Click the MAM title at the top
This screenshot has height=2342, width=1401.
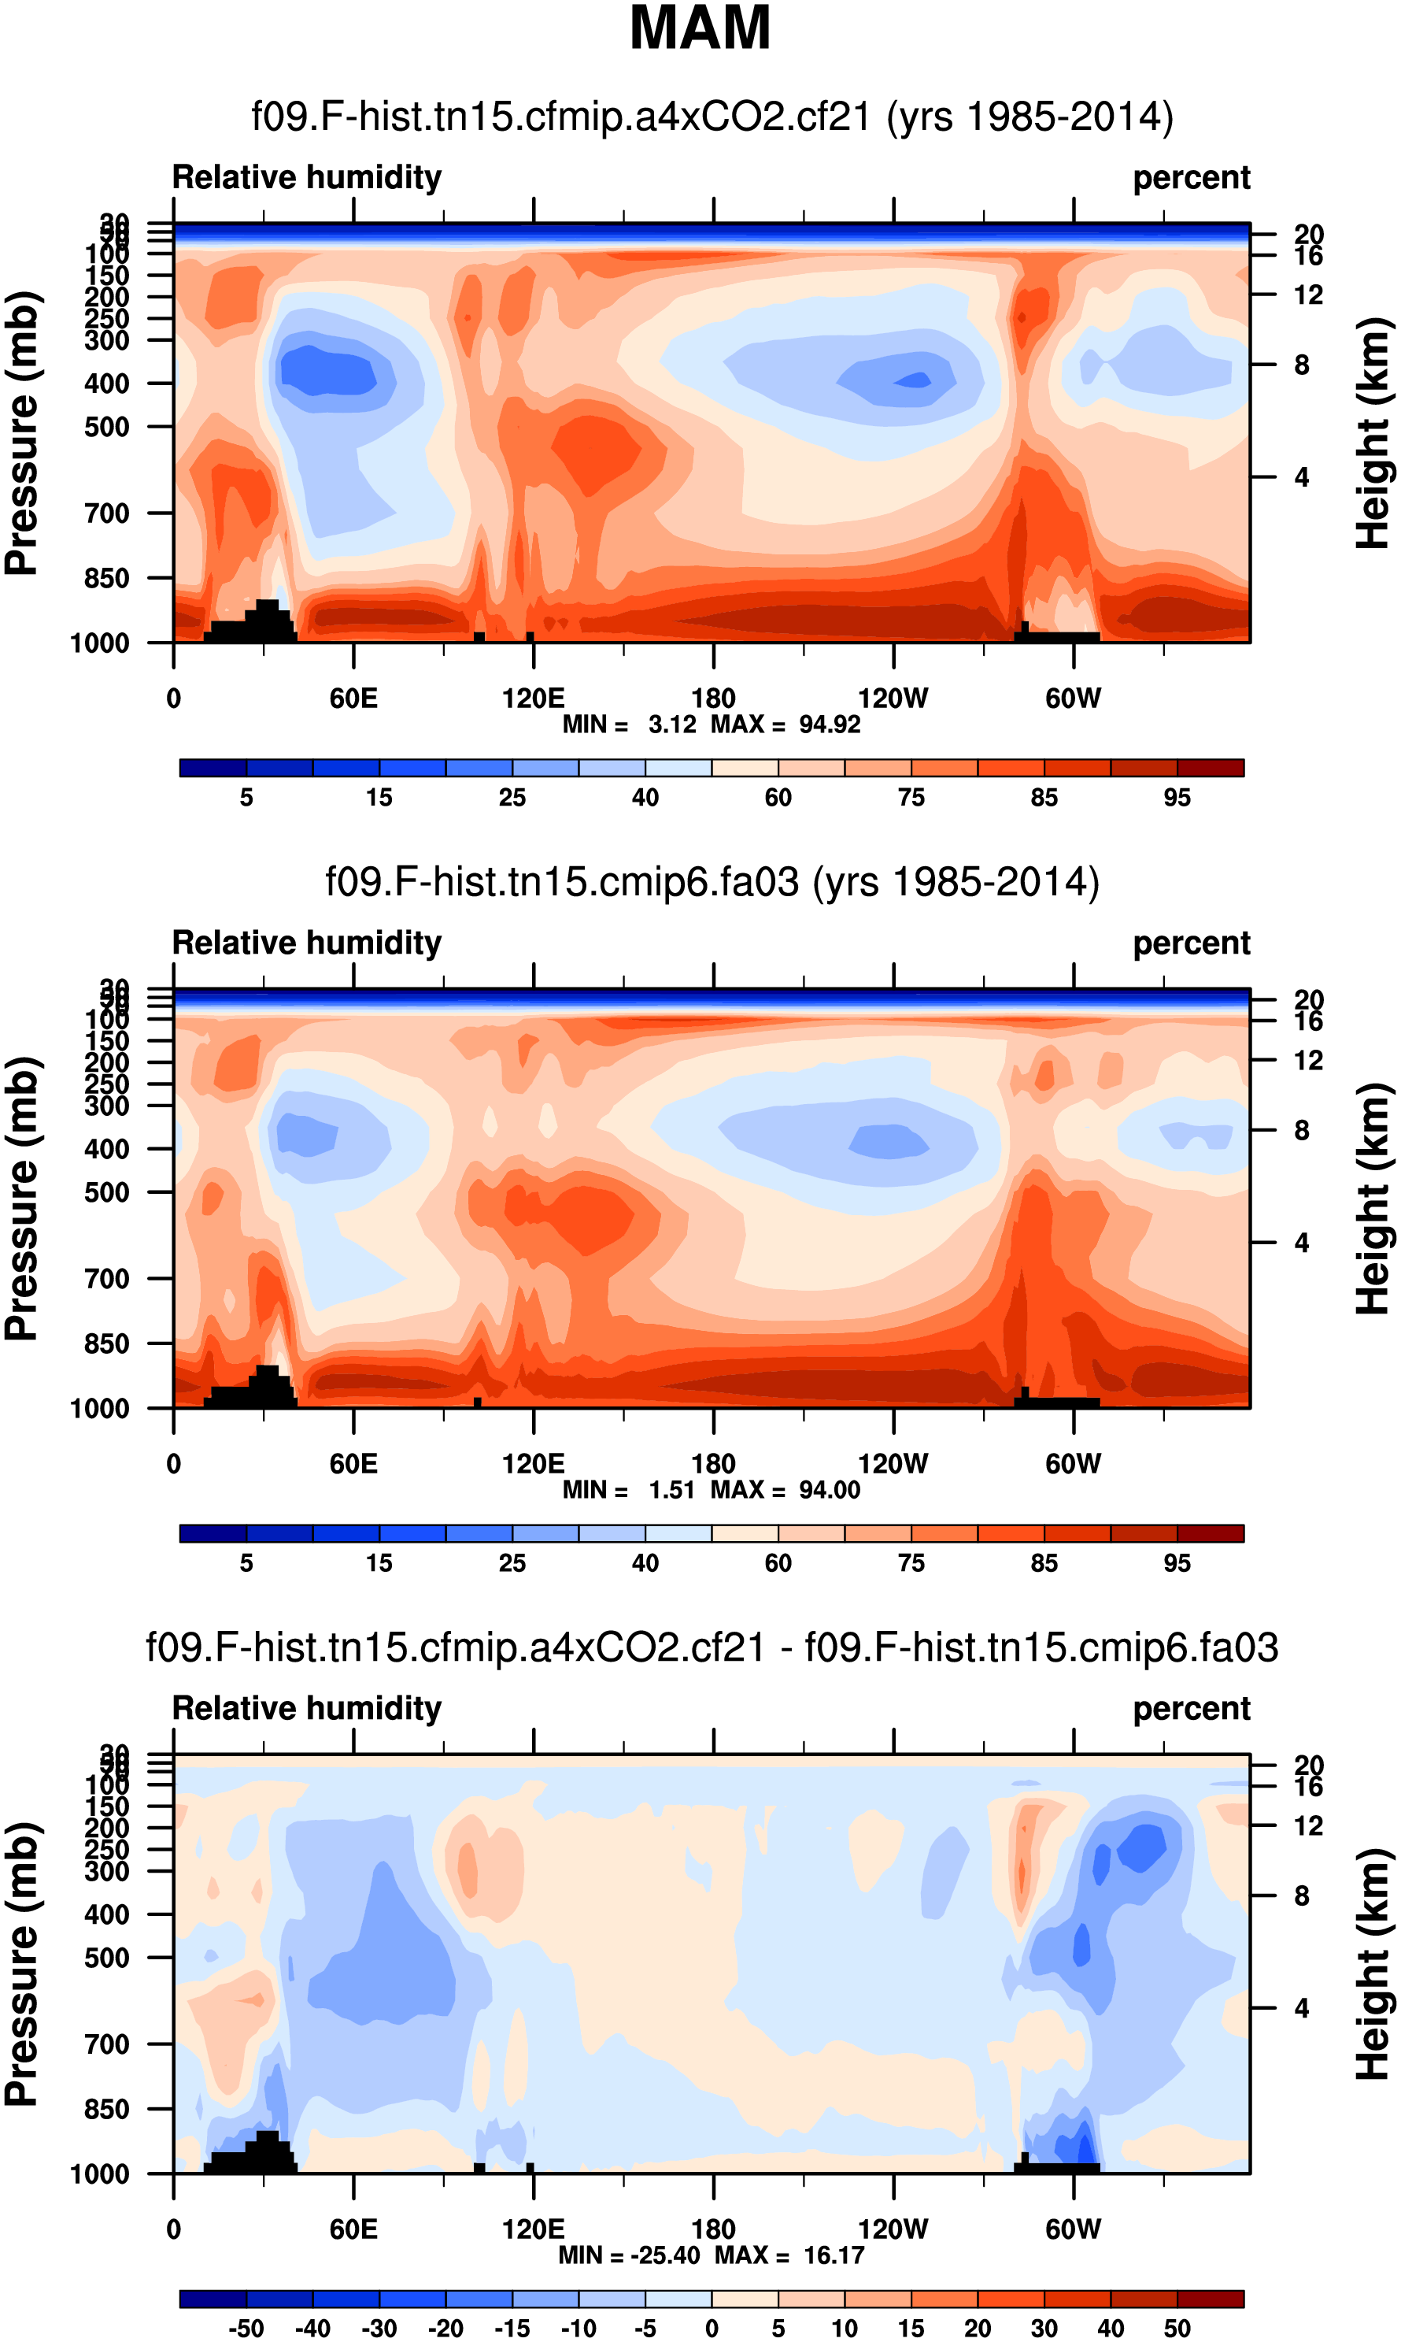(x=700, y=28)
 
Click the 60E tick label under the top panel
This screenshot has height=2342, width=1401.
(x=353, y=698)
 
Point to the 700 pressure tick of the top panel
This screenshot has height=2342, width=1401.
(x=107, y=513)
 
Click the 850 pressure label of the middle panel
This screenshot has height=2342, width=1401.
(x=107, y=1343)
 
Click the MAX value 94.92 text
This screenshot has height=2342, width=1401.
(x=830, y=724)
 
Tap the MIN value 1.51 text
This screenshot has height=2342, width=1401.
(x=671, y=1489)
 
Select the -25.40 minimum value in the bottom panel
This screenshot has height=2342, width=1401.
(x=664, y=2255)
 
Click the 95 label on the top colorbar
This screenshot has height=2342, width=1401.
(x=1177, y=798)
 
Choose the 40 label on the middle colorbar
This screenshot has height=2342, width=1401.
(x=645, y=1563)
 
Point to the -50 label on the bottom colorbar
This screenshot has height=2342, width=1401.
(x=246, y=2329)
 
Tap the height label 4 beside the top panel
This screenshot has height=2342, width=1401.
(x=1302, y=478)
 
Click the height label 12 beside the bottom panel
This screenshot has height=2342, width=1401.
(x=1307, y=1825)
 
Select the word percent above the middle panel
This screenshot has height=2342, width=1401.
(x=1192, y=943)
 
